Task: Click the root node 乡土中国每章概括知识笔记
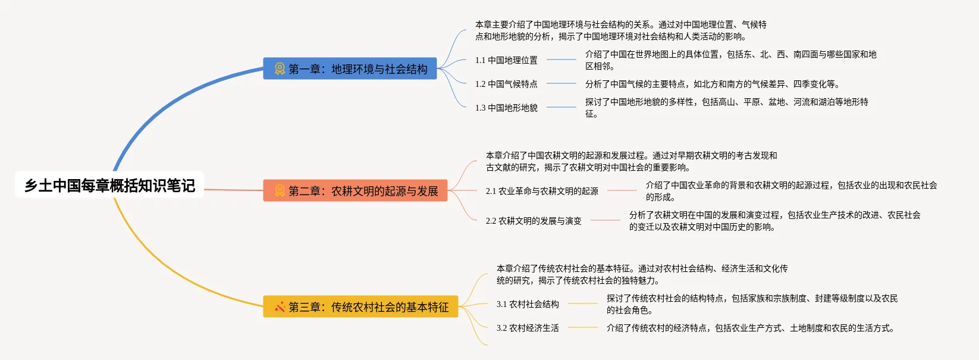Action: (x=109, y=185)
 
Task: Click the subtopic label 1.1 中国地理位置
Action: (x=506, y=60)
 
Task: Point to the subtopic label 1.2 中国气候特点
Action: (x=506, y=84)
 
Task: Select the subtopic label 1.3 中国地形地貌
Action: (x=506, y=108)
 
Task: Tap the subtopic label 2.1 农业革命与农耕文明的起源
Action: (x=542, y=191)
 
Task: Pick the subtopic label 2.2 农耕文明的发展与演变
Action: (x=534, y=221)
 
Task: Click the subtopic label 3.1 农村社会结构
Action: (x=528, y=304)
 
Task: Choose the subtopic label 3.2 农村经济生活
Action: (x=528, y=328)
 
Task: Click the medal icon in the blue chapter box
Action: (x=280, y=69)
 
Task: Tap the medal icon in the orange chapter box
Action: (x=280, y=191)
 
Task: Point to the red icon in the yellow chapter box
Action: (x=280, y=307)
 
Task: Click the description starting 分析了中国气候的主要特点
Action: (x=712, y=84)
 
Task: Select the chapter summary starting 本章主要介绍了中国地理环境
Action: (x=620, y=30)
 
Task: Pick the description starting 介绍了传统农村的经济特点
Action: (x=750, y=328)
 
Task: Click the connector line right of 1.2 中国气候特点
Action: (x=561, y=84)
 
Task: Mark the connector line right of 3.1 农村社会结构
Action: (x=583, y=303)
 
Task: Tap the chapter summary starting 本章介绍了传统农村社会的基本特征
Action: (x=642, y=274)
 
